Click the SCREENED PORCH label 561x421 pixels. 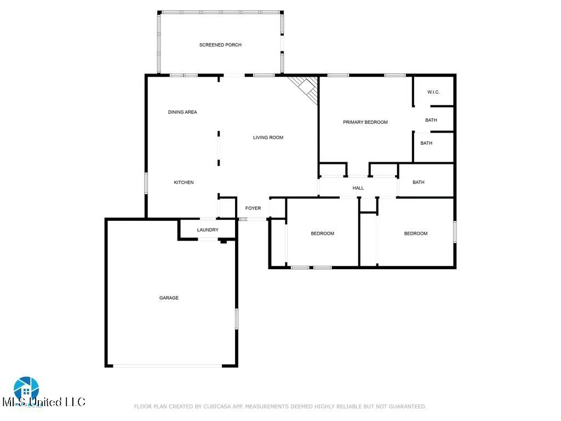pos(220,45)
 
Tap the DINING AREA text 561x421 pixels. pos(182,112)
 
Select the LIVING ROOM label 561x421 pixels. pos(268,138)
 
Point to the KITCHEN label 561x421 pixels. pos(184,183)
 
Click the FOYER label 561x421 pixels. pos(253,208)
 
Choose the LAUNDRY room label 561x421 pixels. pos(208,230)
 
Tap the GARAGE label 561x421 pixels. pos(169,298)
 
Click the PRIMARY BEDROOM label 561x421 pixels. pos(365,122)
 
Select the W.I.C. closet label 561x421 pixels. pos(433,93)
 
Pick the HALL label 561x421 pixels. pos(358,188)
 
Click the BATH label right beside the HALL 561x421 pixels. pos(419,183)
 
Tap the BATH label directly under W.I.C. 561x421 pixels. pos(431,120)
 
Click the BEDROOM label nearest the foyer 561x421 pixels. pos(322,234)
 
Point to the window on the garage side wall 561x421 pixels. pos(237,318)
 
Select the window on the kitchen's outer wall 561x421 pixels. pos(146,183)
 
